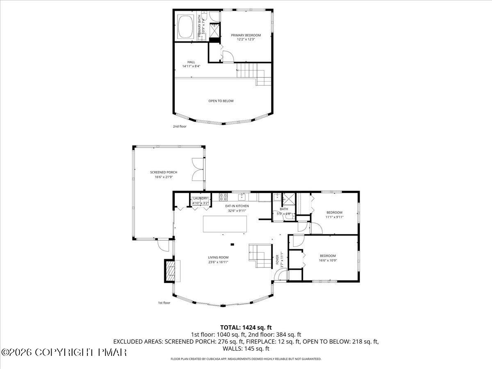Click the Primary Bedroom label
[246, 35]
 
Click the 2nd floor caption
[180, 126]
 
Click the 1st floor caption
[164, 303]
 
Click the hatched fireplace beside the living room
[169, 271]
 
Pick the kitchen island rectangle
[225, 224]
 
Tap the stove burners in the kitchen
[223, 196]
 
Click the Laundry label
[201, 198]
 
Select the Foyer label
[277, 259]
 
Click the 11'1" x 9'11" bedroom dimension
[334, 217]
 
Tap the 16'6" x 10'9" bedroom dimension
[328, 260]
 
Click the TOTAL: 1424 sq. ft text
[246, 327]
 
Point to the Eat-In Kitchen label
[237, 206]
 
